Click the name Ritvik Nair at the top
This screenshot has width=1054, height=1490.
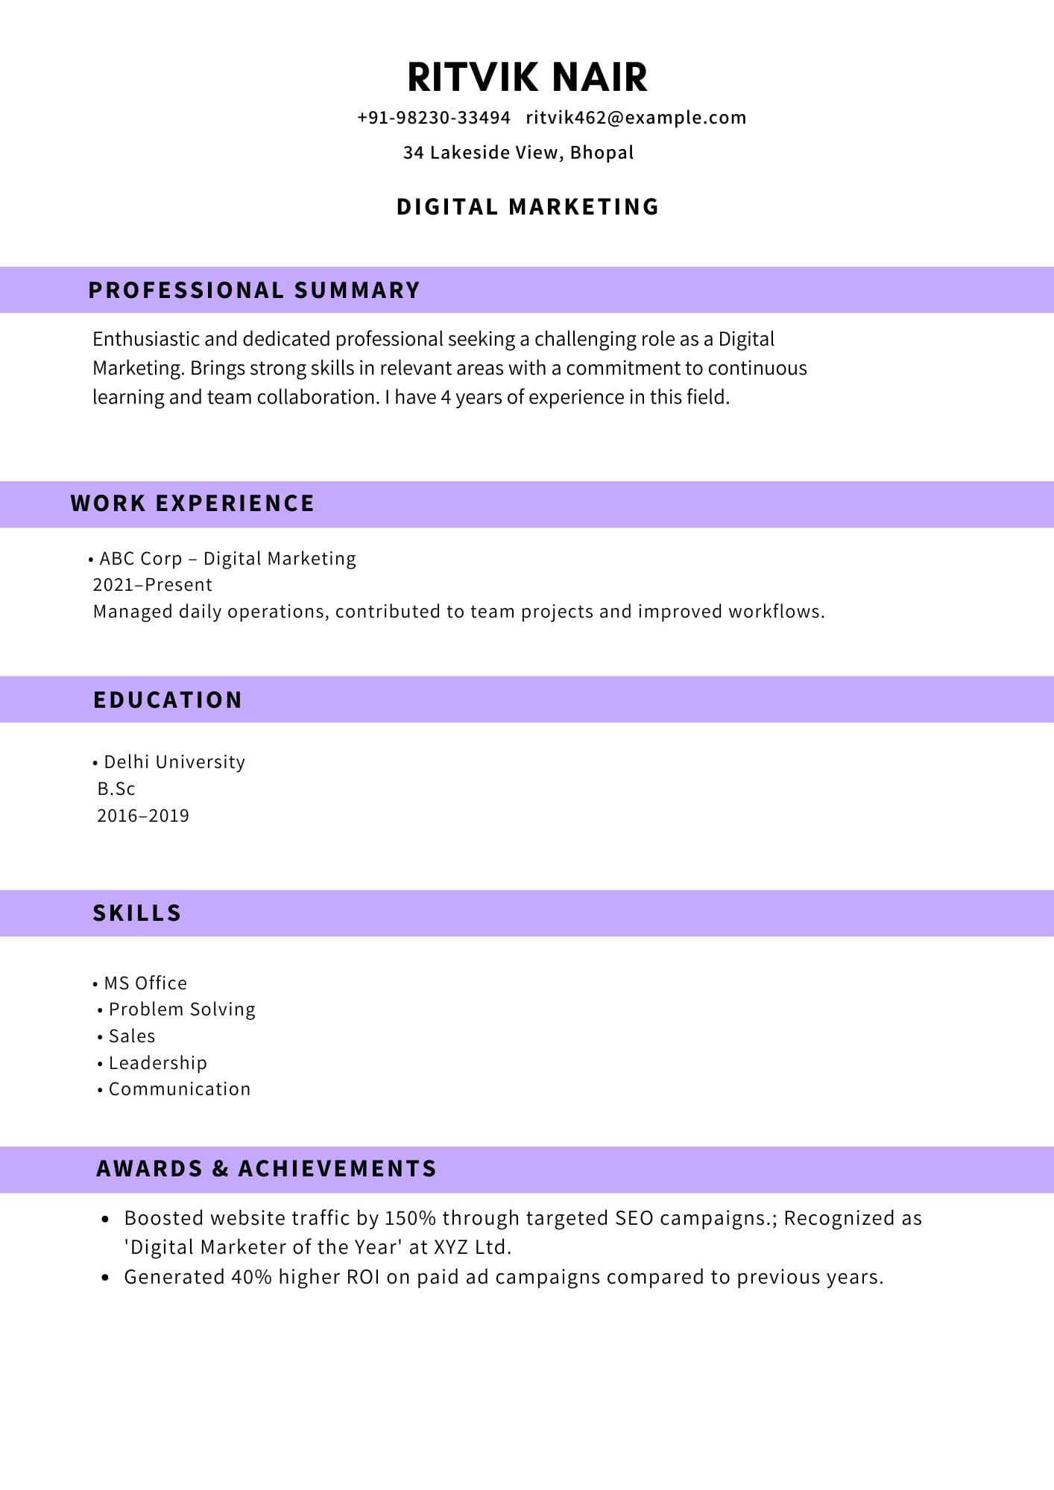pyautogui.click(x=527, y=77)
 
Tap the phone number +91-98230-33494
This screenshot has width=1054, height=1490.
pyautogui.click(x=434, y=118)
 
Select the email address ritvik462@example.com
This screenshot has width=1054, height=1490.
pyautogui.click(x=636, y=118)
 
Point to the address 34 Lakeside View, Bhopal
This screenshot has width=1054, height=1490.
pyautogui.click(x=518, y=153)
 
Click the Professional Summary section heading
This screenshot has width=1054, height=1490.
pyautogui.click(x=254, y=290)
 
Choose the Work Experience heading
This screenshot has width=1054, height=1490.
pyautogui.click(x=192, y=504)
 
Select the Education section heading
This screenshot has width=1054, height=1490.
pyautogui.click(x=168, y=700)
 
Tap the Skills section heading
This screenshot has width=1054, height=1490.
pyautogui.click(x=137, y=913)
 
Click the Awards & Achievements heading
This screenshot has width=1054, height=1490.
pyautogui.click(x=266, y=1168)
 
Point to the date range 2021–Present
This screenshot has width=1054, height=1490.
pyautogui.click(x=152, y=585)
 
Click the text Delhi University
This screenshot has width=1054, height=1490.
pyautogui.click(x=174, y=762)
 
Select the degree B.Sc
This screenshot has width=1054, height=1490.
pyautogui.click(x=116, y=789)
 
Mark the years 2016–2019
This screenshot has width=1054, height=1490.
pyautogui.click(x=143, y=816)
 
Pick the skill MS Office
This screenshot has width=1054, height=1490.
pyautogui.click(x=145, y=983)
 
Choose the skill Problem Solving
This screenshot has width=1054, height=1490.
pyautogui.click(x=182, y=1009)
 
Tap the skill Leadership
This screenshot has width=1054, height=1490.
pyautogui.click(x=158, y=1063)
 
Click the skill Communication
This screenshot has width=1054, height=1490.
pyautogui.click(x=180, y=1089)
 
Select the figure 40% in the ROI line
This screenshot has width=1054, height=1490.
pyautogui.click(x=251, y=1277)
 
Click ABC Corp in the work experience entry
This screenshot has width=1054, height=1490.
pyautogui.click(x=141, y=559)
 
